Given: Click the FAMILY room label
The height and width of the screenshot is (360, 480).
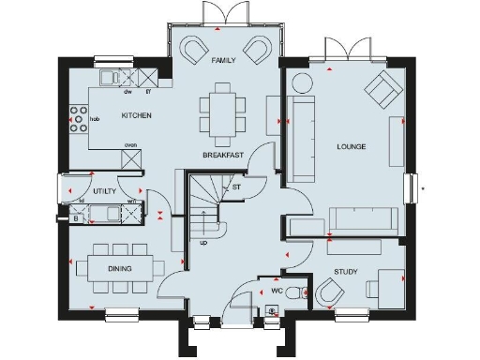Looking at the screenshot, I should pyautogui.click(x=223, y=60).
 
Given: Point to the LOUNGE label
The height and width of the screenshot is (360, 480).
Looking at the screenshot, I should pyautogui.click(x=352, y=147).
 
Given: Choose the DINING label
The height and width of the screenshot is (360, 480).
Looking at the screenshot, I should pyautogui.click(x=119, y=269).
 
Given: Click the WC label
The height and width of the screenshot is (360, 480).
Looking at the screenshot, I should pyautogui.click(x=277, y=291).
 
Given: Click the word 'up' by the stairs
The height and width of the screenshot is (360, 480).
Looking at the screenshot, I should pyautogui.click(x=203, y=243).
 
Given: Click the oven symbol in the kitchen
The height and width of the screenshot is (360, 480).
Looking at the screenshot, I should pyautogui.click(x=132, y=157).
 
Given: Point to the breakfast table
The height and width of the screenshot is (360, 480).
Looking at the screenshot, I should pyautogui.click(x=222, y=109).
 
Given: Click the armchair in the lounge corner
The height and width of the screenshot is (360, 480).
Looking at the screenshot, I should pyautogui.click(x=382, y=90).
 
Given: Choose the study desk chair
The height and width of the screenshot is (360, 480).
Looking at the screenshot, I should pyautogui.click(x=328, y=293).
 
